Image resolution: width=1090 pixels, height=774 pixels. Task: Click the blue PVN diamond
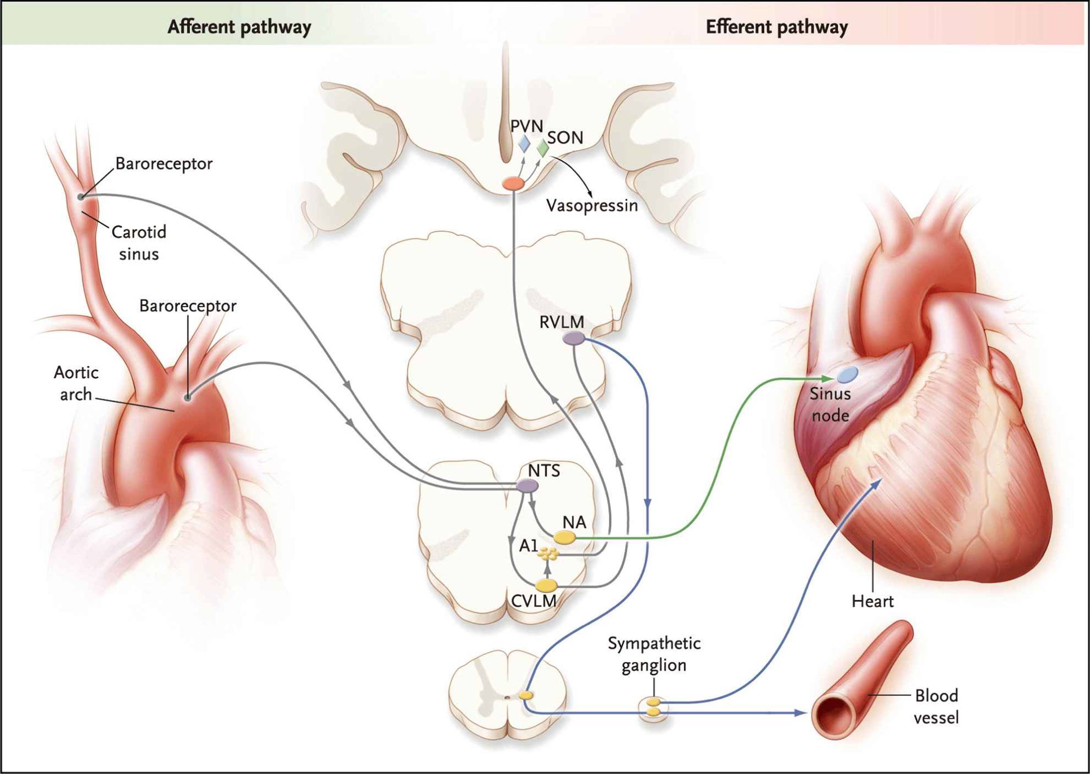point(524,143)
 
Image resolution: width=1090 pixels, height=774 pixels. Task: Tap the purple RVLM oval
point(574,339)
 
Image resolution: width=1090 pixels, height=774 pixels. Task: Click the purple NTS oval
point(527,486)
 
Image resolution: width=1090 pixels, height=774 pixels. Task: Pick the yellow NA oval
point(564,538)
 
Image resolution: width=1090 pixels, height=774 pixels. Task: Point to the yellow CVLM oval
point(546,585)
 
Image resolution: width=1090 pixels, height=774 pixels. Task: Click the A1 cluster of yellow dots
point(548,553)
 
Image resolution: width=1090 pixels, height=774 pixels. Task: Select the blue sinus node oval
point(848,375)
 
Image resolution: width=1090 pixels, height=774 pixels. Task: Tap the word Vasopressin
point(592,206)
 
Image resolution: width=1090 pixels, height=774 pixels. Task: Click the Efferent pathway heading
point(777,27)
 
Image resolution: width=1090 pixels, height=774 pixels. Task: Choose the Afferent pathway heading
point(239,27)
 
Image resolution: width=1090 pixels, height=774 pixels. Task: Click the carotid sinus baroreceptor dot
point(81,197)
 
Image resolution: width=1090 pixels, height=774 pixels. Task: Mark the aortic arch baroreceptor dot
point(187,397)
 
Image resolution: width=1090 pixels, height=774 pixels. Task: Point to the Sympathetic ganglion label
point(654,654)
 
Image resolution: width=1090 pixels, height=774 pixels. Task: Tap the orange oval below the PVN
point(513,184)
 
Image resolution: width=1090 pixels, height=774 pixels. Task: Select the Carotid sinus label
point(139,243)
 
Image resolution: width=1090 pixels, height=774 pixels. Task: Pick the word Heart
point(872,601)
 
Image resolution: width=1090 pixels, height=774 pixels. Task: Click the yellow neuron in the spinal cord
point(526,695)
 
